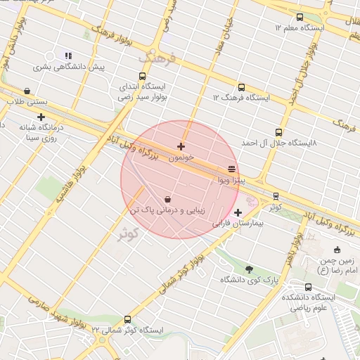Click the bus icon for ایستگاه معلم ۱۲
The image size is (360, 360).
298,17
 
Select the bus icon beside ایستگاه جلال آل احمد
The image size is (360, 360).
279,131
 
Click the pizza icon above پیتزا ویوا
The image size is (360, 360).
231,169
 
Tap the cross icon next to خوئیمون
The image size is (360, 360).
181,146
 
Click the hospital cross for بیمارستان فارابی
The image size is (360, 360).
238,212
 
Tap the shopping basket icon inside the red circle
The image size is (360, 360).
167,199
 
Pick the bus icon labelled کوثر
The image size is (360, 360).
275,196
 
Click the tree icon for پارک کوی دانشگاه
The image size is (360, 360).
249,269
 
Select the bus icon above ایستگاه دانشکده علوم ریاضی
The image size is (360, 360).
309,287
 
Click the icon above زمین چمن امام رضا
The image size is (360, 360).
337,249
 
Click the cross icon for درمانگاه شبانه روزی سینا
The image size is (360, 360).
41,117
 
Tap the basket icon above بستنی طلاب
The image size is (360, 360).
27,91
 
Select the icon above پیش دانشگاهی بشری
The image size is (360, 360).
68,56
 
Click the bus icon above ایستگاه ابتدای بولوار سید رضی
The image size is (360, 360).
143,76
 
